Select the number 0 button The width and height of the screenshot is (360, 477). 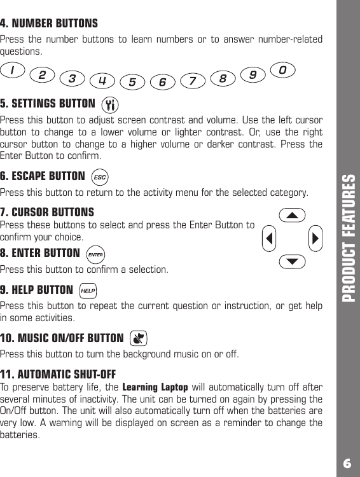click(283, 68)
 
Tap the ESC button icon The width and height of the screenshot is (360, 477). click(99, 176)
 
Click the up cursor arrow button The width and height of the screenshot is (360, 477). click(291, 215)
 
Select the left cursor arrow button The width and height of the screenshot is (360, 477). click(270, 238)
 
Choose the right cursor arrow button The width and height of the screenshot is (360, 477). click(315, 238)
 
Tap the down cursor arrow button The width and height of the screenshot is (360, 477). click(291, 261)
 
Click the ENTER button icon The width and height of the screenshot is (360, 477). click(95, 255)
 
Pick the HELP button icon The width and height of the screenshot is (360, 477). click(88, 291)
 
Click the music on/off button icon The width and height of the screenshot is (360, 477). click(138, 338)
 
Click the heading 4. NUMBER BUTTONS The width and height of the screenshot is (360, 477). click(49, 24)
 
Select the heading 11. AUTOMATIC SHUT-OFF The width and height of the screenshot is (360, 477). click(58, 373)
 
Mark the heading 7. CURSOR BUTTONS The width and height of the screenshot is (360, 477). click(47, 212)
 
